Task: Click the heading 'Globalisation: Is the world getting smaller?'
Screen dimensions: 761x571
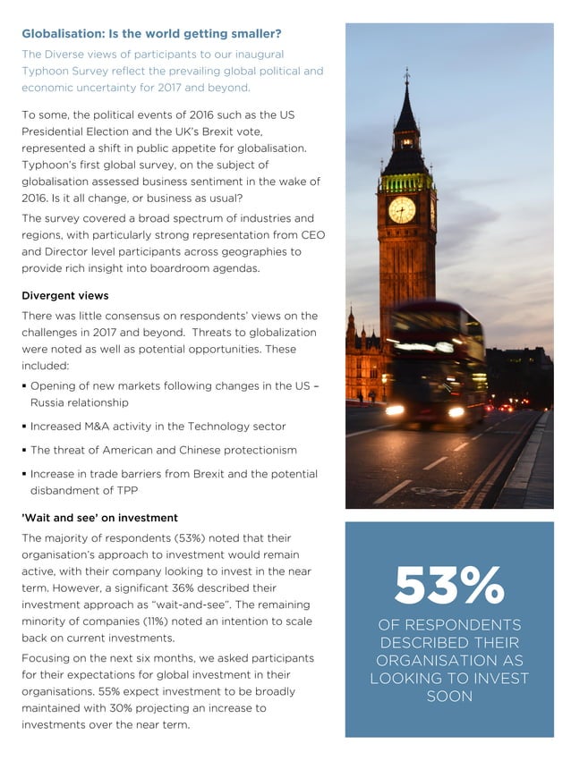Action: [x=151, y=34]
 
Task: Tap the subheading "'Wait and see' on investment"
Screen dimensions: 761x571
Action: [x=99, y=518]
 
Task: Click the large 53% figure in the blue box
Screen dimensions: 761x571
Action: [x=449, y=585]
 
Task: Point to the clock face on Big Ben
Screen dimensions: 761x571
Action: [x=402, y=210]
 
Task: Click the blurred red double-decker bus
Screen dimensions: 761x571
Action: [x=436, y=362]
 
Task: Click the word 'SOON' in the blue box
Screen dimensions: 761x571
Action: [x=449, y=696]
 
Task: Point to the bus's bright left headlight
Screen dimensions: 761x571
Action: [x=395, y=410]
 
